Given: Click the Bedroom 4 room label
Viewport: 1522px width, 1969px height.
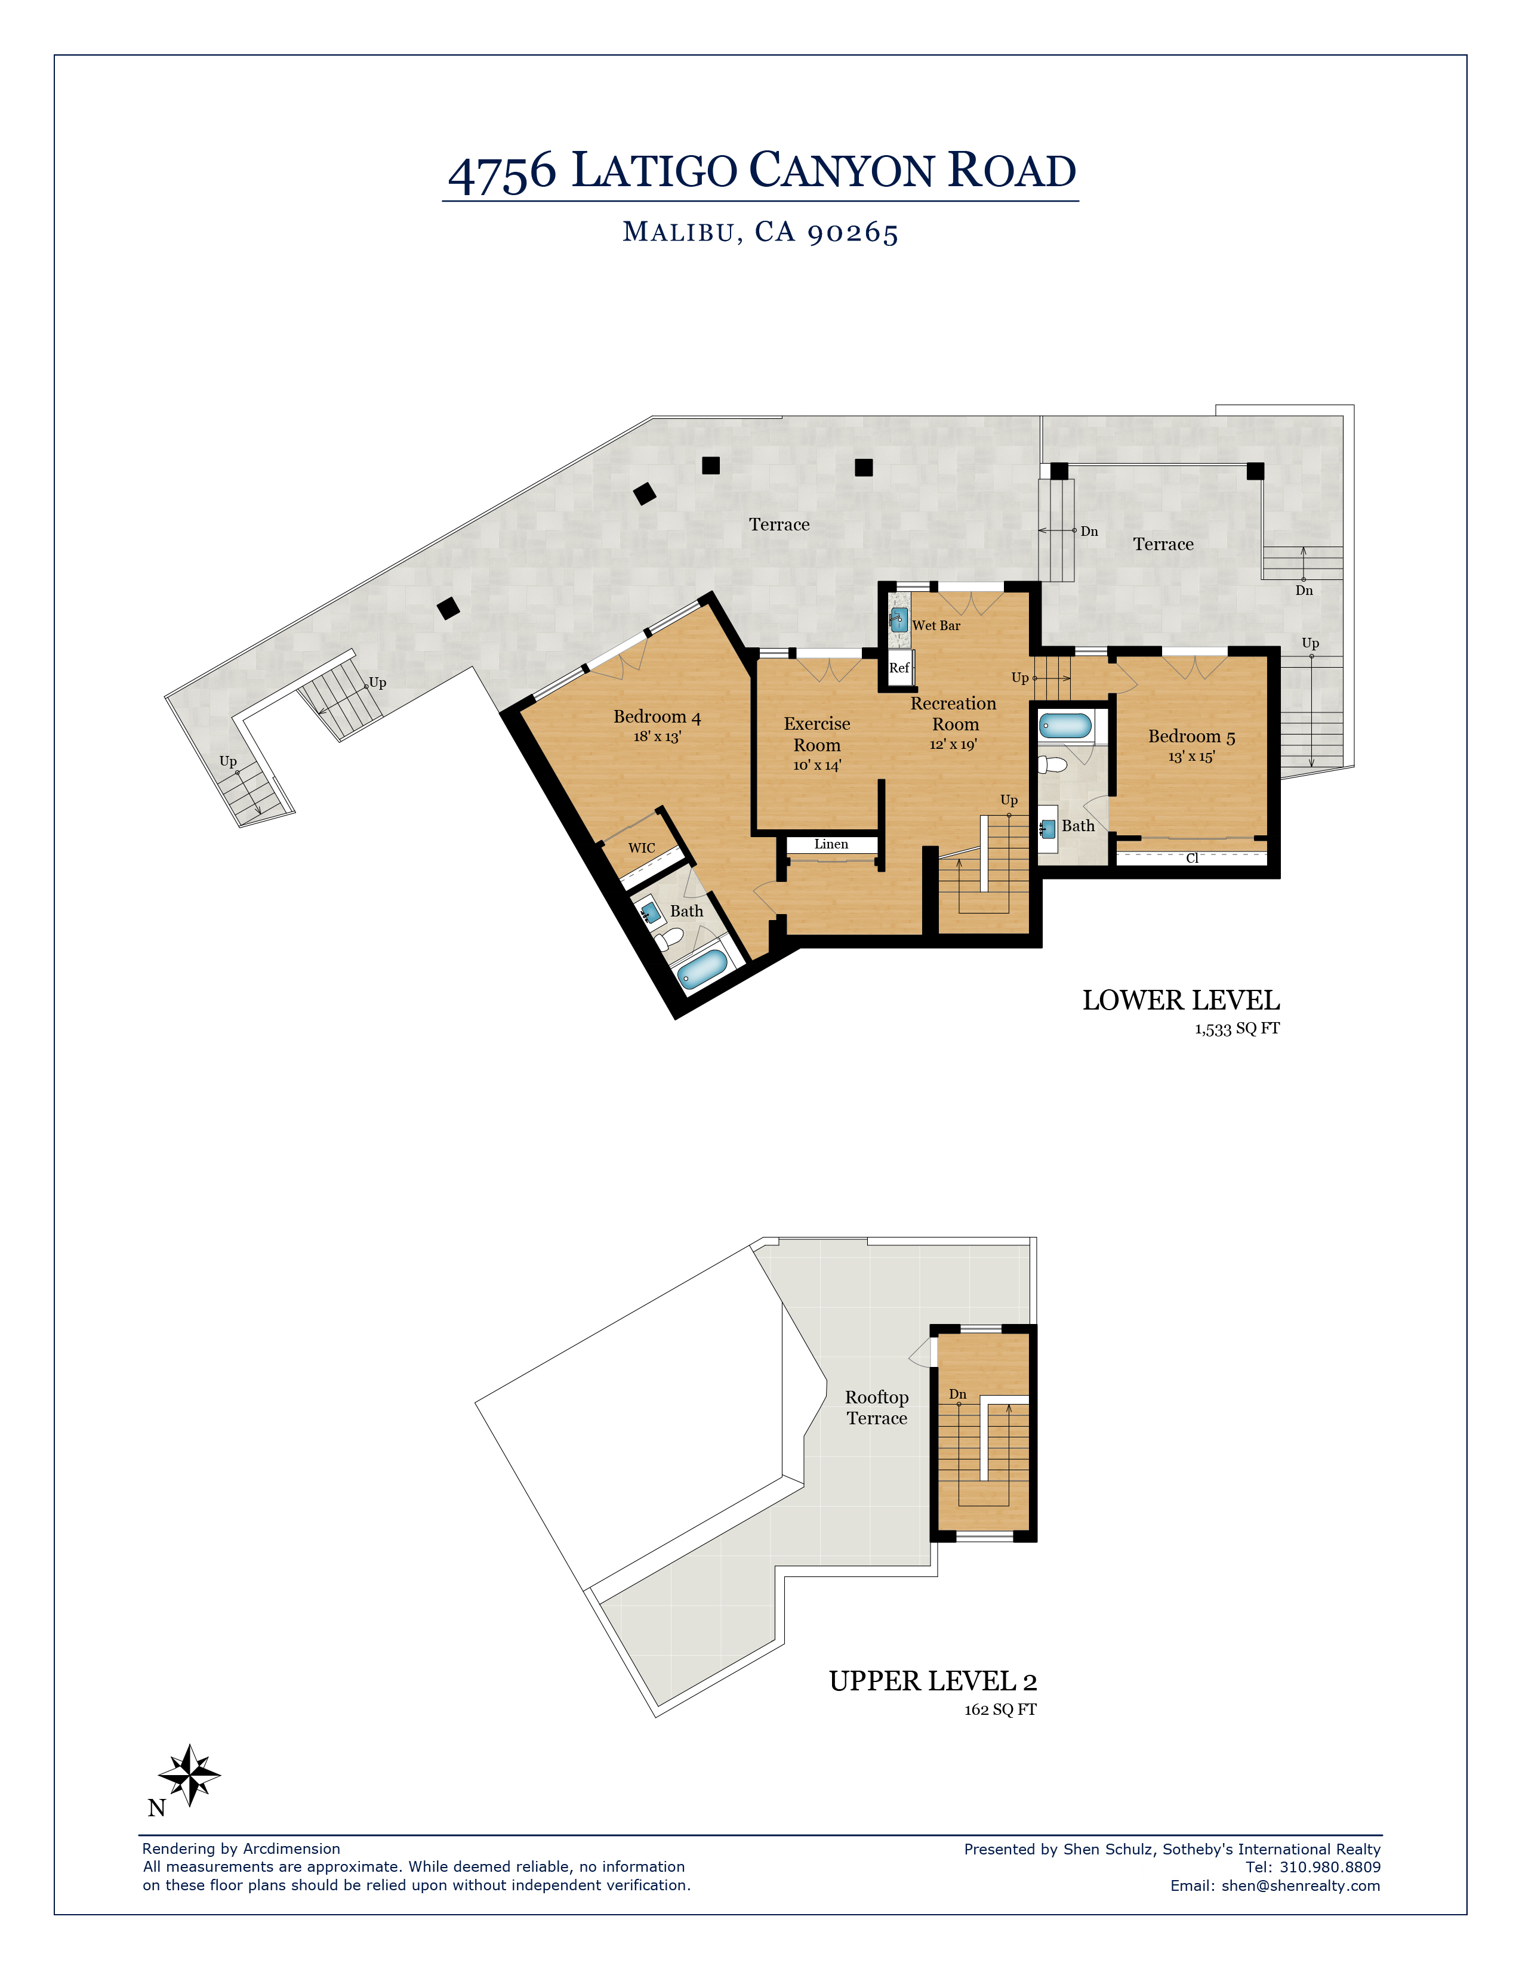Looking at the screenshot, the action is [657, 717].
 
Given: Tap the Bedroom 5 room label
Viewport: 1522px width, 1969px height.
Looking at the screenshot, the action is [1191, 736].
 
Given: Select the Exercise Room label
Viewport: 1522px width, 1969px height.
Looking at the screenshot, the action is [817, 734].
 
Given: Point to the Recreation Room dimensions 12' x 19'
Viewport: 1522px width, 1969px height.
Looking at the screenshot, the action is [953, 745].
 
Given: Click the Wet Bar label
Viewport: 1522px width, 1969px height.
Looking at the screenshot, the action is [936, 626].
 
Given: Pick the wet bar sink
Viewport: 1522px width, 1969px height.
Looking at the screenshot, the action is [899, 619].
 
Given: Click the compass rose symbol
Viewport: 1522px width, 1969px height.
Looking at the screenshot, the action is [189, 1774].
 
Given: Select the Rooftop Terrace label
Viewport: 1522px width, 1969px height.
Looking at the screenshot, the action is [876, 1408].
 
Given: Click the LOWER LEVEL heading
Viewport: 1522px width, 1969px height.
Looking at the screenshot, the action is [1181, 1000].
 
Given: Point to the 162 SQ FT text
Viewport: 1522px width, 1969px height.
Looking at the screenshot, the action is [1001, 1709].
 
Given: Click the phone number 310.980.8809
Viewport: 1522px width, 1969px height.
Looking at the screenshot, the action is [1330, 1867].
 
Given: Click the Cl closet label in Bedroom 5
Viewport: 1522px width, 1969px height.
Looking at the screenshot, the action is [1192, 858].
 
